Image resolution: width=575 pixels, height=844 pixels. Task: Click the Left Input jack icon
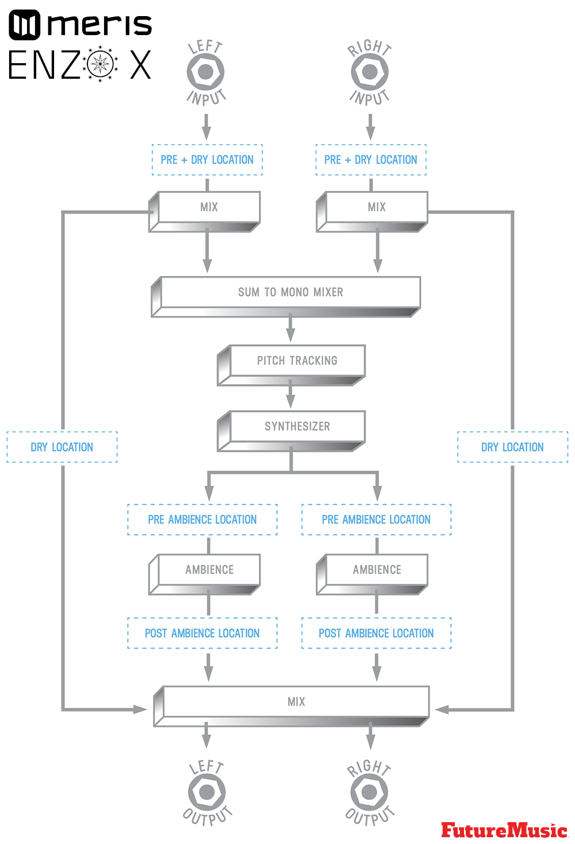205,72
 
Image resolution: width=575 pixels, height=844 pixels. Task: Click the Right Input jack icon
370,72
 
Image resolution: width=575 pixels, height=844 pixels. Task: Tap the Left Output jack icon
206,792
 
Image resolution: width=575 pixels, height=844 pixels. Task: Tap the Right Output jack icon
369,792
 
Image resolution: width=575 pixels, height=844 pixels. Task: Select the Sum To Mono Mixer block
290,292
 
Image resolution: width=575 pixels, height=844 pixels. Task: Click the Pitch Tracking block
297,361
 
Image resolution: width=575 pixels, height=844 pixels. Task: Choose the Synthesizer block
297,426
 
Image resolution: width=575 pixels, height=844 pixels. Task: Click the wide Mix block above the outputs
296,702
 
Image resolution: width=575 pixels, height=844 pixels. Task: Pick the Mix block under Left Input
209,207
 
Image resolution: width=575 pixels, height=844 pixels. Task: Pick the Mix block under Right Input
377,207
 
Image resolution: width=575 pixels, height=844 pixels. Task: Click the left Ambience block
209,570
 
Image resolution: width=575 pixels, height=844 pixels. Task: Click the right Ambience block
377,570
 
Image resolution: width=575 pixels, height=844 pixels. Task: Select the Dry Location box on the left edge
62,447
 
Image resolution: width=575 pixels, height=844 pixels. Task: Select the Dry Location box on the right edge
512,447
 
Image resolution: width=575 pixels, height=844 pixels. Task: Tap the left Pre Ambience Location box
202,519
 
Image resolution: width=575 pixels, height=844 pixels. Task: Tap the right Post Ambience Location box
377,633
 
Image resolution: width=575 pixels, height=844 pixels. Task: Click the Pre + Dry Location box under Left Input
207,160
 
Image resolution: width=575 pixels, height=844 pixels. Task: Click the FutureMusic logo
504,830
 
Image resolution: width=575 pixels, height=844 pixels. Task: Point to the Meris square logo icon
25,25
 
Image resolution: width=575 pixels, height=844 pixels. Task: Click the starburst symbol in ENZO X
101,63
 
